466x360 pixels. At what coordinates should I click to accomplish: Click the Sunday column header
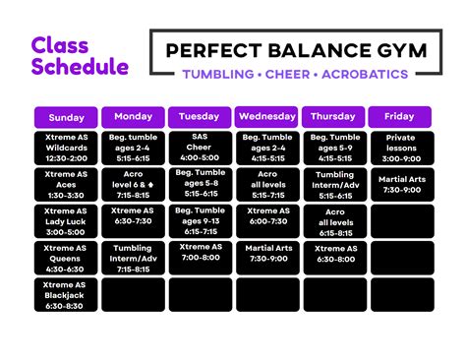tap(67, 117)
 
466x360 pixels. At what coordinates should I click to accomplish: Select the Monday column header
tap(133, 117)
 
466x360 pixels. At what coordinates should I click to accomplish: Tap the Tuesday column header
tap(200, 117)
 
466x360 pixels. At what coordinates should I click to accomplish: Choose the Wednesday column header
tap(267, 117)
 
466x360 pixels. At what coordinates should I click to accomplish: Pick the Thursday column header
tap(333, 117)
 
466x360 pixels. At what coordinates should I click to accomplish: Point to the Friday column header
tap(400, 117)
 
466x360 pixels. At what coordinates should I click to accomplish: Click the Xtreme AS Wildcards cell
tap(67, 149)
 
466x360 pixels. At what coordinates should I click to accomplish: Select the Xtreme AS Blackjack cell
tap(67, 294)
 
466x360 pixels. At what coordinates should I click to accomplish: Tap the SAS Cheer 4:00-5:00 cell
tap(200, 149)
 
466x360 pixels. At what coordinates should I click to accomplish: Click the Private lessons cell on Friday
tap(400, 149)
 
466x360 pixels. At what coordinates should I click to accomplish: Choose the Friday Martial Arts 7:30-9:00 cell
tap(400, 185)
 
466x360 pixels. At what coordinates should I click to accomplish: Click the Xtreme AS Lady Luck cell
tap(67, 221)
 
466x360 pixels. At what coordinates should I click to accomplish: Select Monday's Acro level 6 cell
tap(133, 185)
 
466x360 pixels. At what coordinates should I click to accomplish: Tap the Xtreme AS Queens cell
tap(67, 258)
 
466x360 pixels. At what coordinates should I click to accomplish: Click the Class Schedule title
tap(80, 56)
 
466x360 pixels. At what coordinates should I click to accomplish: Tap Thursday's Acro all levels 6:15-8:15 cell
tap(333, 221)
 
